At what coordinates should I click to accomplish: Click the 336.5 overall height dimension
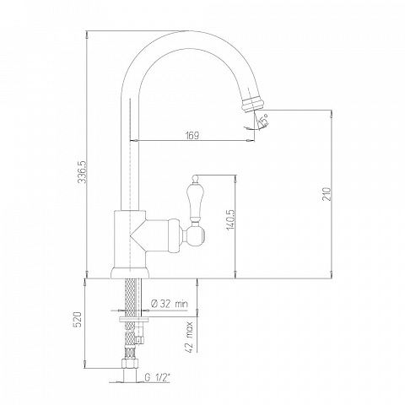point(81,171)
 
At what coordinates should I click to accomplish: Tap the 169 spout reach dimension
point(192,136)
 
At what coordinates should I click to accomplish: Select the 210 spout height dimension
point(327,194)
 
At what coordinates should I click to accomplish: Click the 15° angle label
point(264,119)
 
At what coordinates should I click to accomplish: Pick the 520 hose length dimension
point(78,319)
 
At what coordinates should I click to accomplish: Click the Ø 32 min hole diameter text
point(170,304)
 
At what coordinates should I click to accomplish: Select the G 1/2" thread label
point(158,377)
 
